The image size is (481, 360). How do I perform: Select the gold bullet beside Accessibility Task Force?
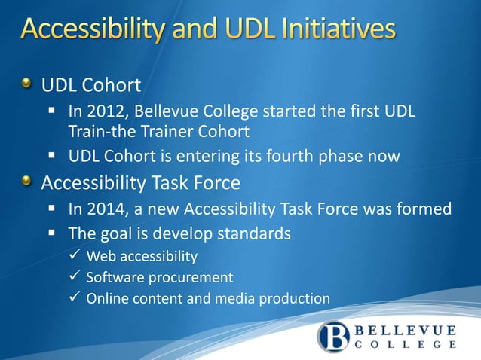click(x=27, y=182)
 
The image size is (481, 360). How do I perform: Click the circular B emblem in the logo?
click(x=334, y=337)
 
